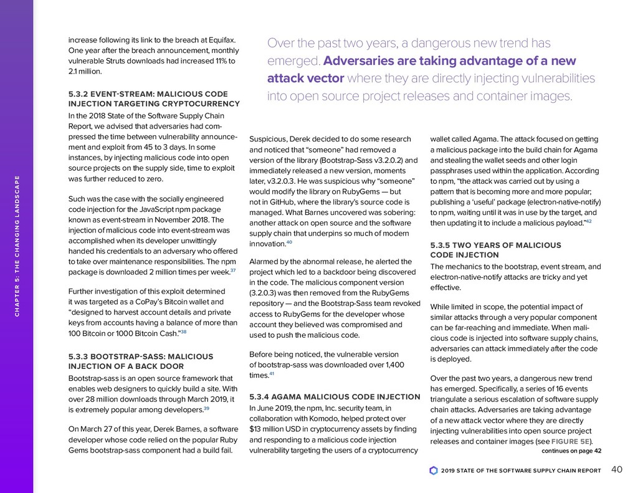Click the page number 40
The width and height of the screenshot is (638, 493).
coord(617,469)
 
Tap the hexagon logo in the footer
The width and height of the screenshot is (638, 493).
coord(434,471)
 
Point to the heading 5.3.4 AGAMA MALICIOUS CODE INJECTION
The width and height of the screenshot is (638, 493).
coord(335,396)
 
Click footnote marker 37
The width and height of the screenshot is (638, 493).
coord(233,271)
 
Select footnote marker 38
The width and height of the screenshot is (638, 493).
coord(183,332)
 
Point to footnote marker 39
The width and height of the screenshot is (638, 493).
coord(206,408)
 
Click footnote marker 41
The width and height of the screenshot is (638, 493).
coord(272,374)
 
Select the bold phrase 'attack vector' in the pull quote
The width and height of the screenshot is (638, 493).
coord(305,79)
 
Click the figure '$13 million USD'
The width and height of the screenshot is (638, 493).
coord(278,430)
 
